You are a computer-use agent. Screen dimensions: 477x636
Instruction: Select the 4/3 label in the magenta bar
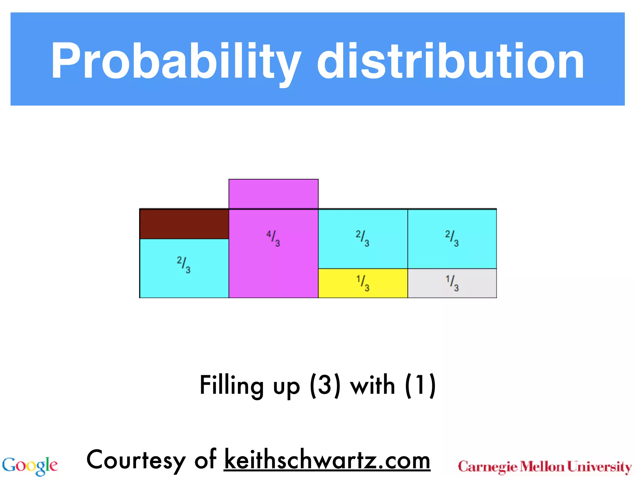273,238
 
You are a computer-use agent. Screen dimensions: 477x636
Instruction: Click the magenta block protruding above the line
273,194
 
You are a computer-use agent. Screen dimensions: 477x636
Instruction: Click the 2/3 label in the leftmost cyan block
184,265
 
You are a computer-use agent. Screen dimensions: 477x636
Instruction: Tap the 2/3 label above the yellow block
363,238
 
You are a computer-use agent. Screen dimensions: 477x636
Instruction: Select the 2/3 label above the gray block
452,238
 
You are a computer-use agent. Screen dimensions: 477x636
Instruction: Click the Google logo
30,466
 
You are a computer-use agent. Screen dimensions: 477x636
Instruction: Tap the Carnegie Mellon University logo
545,467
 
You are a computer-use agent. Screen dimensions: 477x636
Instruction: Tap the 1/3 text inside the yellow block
363,283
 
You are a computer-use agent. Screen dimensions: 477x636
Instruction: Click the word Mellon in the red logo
542,467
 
